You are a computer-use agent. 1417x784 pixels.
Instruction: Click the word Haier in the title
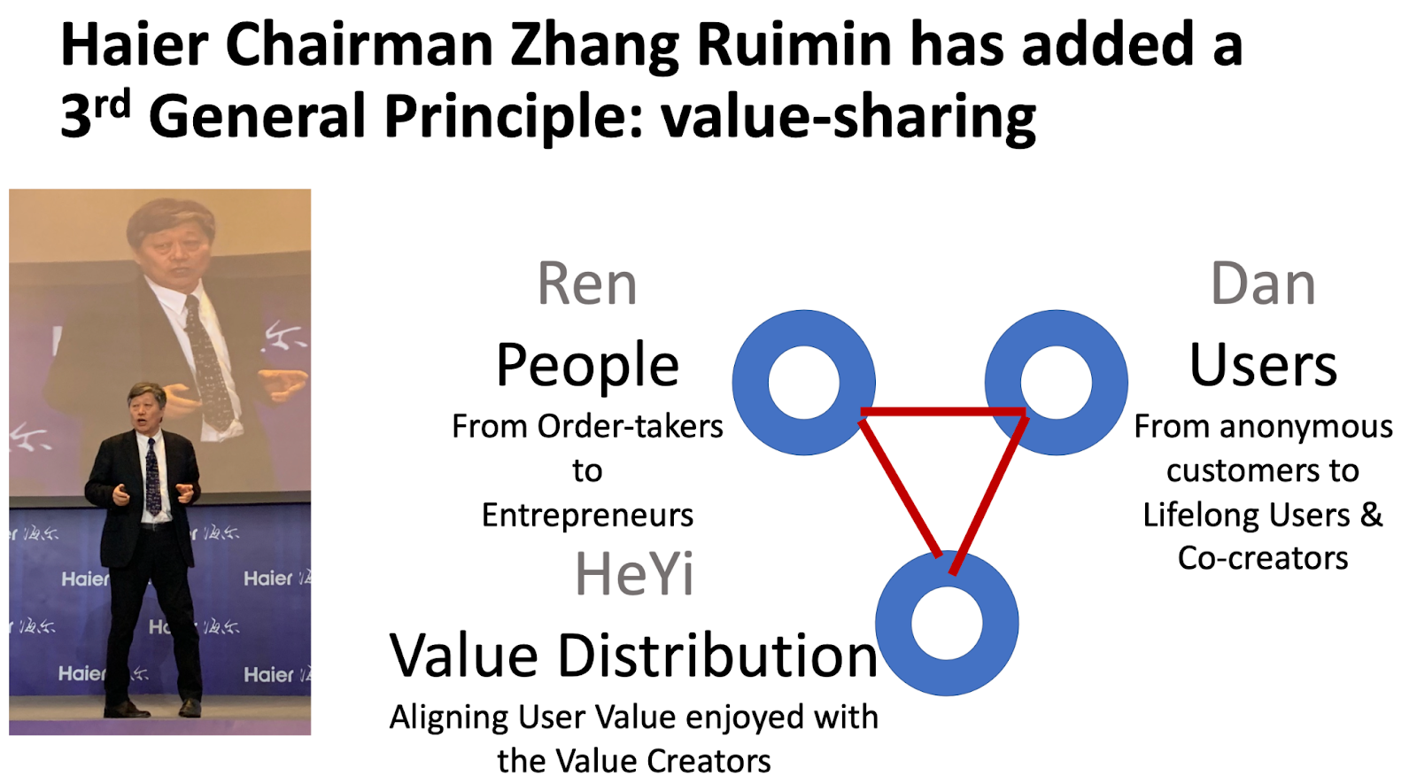click(x=134, y=44)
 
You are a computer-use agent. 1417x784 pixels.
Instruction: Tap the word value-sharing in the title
click(x=848, y=117)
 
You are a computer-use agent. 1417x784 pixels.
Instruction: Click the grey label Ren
click(x=587, y=284)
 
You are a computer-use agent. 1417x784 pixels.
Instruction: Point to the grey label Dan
click(x=1263, y=284)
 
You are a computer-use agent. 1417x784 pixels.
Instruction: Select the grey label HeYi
click(x=634, y=574)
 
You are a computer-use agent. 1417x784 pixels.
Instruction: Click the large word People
click(x=588, y=366)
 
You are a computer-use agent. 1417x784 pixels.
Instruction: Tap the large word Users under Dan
click(x=1263, y=365)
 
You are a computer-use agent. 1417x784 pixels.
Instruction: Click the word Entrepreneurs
click(x=588, y=515)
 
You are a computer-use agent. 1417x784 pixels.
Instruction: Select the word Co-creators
click(x=1263, y=558)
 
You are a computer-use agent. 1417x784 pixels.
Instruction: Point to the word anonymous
click(x=1306, y=426)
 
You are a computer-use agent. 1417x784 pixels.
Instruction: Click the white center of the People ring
click(x=804, y=382)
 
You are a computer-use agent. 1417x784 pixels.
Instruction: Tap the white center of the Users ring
click(x=1057, y=382)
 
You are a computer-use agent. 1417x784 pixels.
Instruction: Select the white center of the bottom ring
click(x=947, y=623)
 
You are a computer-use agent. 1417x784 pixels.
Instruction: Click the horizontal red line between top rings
click(x=943, y=412)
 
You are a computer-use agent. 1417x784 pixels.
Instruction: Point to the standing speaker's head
click(x=147, y=405)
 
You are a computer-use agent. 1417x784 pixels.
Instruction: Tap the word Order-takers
click(x=630, y=426)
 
